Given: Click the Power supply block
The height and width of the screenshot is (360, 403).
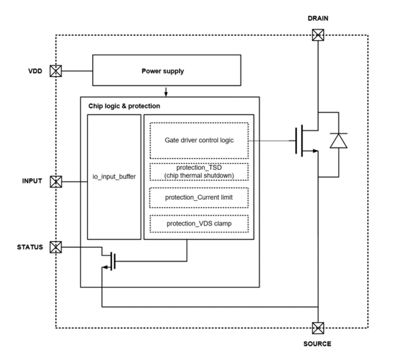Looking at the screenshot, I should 163,71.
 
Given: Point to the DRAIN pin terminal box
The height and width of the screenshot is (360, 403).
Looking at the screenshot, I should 318,36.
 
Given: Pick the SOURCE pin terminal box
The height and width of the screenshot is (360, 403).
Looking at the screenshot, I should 318,327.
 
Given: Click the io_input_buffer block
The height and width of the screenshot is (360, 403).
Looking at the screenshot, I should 114,176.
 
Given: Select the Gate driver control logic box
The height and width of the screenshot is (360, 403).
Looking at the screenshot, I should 199,141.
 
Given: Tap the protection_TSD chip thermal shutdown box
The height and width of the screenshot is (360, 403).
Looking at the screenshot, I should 199,172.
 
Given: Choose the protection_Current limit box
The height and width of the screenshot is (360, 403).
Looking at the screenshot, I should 199,198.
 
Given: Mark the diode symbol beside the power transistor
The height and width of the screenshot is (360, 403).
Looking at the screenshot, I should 338,141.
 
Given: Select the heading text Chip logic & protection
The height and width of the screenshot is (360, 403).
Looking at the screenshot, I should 124,106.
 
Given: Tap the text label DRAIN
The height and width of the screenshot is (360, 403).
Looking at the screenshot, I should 318,19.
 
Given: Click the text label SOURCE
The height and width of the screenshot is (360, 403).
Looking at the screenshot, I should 317,344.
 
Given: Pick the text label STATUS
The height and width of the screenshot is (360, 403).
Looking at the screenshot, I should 30,247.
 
